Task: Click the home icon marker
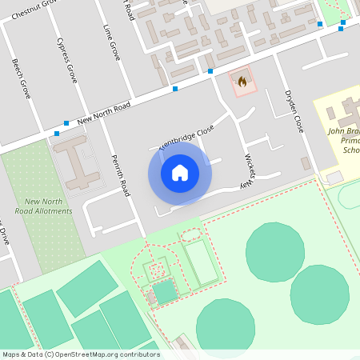point(179,173)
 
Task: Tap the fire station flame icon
point(242,81)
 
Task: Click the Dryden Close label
point(294,111)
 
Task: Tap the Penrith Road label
point(120,175)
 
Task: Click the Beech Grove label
point(21,78)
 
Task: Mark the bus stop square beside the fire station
point(210,71)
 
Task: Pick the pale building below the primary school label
point(334,176)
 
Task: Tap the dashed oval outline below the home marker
point(190,234)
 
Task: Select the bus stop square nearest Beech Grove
point(56,133)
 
